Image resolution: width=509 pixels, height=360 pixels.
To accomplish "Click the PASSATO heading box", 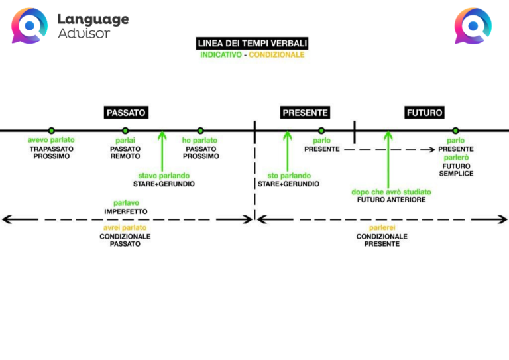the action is [x=126, y=113].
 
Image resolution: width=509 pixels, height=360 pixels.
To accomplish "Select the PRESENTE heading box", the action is [x=305, y=113].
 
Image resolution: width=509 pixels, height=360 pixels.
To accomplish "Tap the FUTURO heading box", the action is [x=424, y=113].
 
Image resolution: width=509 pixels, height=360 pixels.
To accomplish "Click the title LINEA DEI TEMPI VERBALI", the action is [x=252, y=44].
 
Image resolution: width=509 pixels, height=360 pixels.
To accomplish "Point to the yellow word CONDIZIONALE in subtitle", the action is [x=276, y=55].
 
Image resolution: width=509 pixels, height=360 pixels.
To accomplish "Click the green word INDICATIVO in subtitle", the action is [x=221, y=55].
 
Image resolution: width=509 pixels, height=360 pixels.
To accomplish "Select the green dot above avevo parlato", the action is [x=51, y=131].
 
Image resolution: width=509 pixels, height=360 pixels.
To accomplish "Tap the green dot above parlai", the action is [x=125, y=131].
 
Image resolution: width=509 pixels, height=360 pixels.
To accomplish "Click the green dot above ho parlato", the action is [x=200, y=131].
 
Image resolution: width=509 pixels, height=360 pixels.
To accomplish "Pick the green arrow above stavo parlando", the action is [x=162, y=151].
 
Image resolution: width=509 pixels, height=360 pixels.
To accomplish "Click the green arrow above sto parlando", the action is [x=287, y=151].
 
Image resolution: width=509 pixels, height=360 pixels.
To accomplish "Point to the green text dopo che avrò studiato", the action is [x=391, y=192].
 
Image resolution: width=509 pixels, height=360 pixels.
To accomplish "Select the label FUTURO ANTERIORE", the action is [x=391, y=200].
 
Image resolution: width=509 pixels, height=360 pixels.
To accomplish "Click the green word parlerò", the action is [x=456, y=158].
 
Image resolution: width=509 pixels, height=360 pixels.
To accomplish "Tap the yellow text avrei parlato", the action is [x=125, y=227].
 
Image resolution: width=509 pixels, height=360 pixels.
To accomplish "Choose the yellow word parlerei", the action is [x=382, y=227].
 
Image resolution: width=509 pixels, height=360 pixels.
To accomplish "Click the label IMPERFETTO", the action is [x=126, y=211].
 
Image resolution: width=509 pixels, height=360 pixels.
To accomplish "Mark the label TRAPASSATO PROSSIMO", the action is [x=52, y=152].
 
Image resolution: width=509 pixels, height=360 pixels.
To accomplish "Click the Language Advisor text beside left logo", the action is [x=93, y=26].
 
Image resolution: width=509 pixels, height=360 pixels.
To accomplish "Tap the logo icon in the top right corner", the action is [x=473, y=26].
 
